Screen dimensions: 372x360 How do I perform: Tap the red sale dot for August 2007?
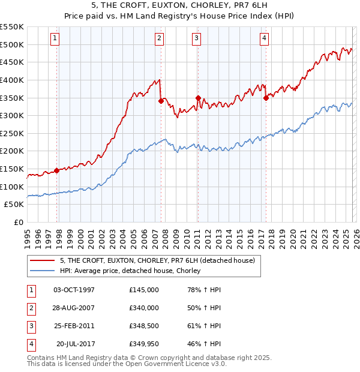tap(161, 101)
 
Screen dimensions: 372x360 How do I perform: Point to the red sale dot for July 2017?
tap(266, 98)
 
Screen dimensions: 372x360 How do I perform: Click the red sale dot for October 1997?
tap(56, 170)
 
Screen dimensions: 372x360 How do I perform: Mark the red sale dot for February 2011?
tap(198, 98)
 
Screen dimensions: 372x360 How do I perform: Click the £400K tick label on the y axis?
tap(12, 80)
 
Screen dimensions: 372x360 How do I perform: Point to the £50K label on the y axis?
tap(14, 205)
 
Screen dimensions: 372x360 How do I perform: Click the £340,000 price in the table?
tap(144, 308)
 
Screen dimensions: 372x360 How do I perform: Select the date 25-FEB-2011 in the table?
tap(74, 326)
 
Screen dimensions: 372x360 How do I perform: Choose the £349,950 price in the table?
tap(144, 344)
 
